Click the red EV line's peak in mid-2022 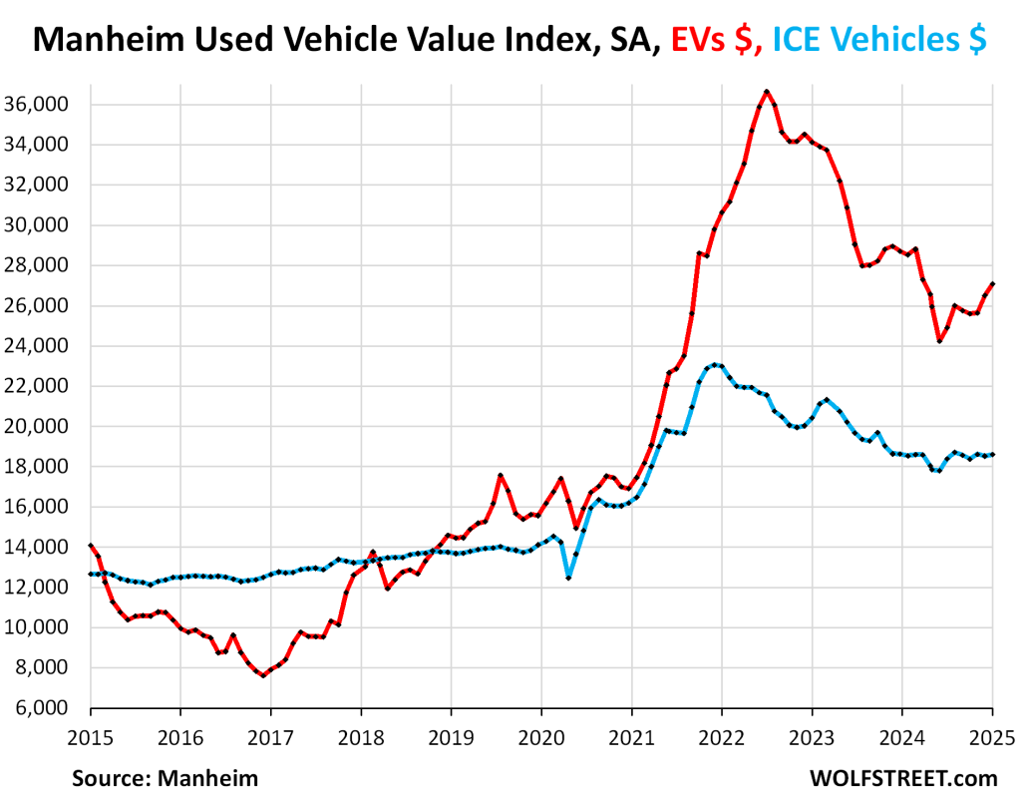(766, 92)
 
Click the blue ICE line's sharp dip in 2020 (568, 577)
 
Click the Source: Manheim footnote (165, 777)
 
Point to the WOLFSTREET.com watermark (903, 777)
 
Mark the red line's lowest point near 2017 (263, 675)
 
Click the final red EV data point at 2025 (992, 284)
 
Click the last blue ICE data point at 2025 (992, 455)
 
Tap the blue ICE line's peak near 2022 (714, 364)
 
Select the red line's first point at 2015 (91, 546)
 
